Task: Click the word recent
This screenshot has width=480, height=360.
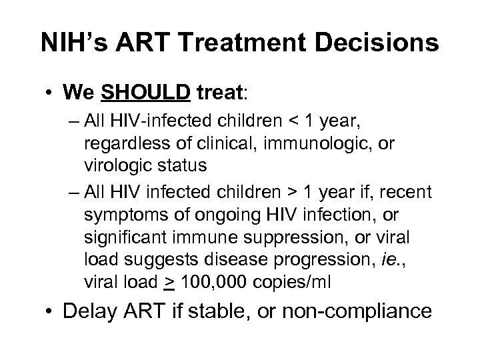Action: click(407, 193)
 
